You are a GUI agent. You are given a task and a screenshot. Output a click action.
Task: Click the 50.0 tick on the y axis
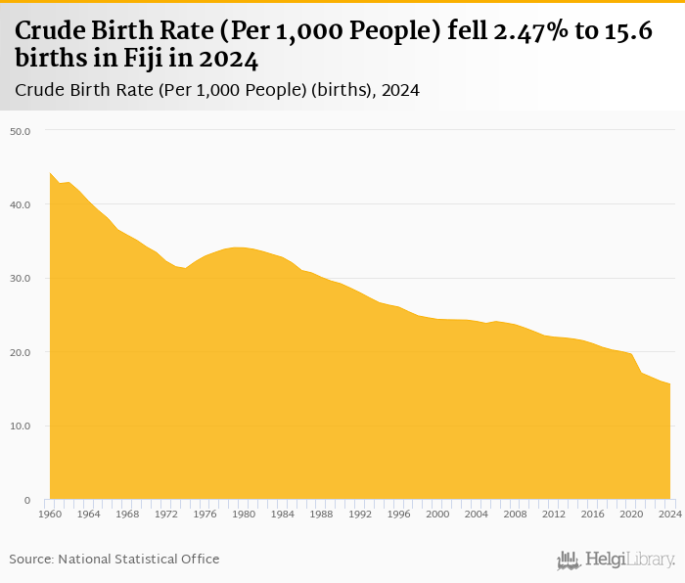tap(21, 130)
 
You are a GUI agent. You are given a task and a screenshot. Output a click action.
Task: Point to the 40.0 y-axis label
tap(21, 204)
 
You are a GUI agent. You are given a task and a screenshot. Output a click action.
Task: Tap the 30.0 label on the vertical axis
tap(21, 278)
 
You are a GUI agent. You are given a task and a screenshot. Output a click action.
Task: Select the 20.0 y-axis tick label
tap(21, 352)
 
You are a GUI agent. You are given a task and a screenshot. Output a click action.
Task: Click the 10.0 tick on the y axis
tap(21, 426)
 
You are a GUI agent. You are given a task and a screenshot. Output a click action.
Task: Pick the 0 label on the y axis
tap(27, 500)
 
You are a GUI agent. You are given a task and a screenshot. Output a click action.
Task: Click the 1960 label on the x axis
tap(50, 514)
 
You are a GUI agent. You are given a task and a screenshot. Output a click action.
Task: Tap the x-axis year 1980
tap(244, 514)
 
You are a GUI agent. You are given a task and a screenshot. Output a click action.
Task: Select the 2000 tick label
tap(437, 514)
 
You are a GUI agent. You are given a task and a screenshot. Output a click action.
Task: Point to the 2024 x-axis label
tap(670, 514)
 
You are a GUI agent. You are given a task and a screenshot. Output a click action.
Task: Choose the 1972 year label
tap(166, 514)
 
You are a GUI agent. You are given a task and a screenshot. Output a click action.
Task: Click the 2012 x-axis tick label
tap(554, 514)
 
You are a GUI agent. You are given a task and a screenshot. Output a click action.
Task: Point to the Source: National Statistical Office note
tap(114, 559)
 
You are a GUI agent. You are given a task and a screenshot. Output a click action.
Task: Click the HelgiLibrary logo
tap(616, 560)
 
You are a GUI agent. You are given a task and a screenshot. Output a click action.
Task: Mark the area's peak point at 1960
tap(50, 173)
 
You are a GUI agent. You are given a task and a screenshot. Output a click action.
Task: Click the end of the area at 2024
tap(670, 384)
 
